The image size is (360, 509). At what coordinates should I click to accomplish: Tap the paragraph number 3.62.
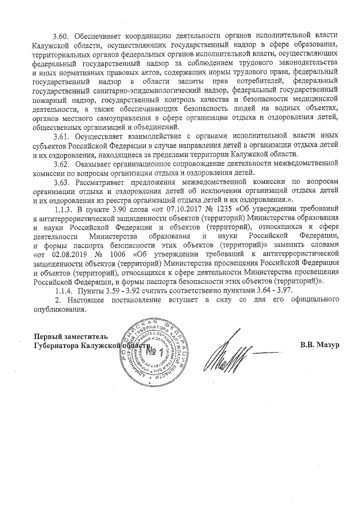click(x=60, y=164)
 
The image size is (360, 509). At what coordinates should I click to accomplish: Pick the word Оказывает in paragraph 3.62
click(x=94, y=164)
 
